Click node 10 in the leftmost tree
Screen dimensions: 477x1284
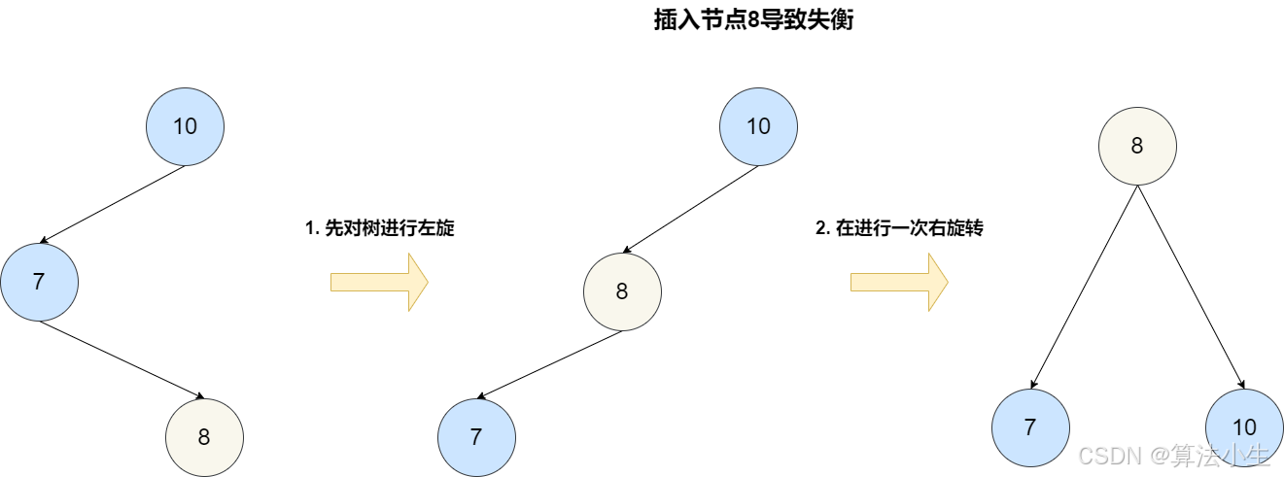[x=185, y=126]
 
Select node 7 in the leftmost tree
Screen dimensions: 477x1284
[x=39, y=282]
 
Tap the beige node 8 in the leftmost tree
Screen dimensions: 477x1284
[x=204, y=437]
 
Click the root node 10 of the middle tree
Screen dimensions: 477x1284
[x=758, y=126]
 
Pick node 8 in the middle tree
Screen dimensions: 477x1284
[x=622, y=291]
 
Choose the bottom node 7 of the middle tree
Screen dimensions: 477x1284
[x=476, y=437]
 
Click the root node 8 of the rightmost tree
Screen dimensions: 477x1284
[x=1137, y=147]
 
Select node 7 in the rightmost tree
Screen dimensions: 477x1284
[x=1030, y=427]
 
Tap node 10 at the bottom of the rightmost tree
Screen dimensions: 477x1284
[x=1244, y=427]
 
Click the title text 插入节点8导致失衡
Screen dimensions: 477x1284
[x=753, y=20]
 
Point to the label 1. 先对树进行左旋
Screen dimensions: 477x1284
[x=380, y=229]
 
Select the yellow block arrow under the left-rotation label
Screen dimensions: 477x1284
[x=379, y=282]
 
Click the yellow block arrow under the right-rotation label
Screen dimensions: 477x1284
[x=899, y=282]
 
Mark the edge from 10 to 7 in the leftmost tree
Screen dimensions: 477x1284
[x=113, y=204]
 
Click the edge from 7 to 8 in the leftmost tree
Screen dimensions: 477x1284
[x=121, y=359]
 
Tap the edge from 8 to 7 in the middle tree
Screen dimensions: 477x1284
[x=550, y=364]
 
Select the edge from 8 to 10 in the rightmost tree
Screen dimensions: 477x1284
[x=1191, y=287]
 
